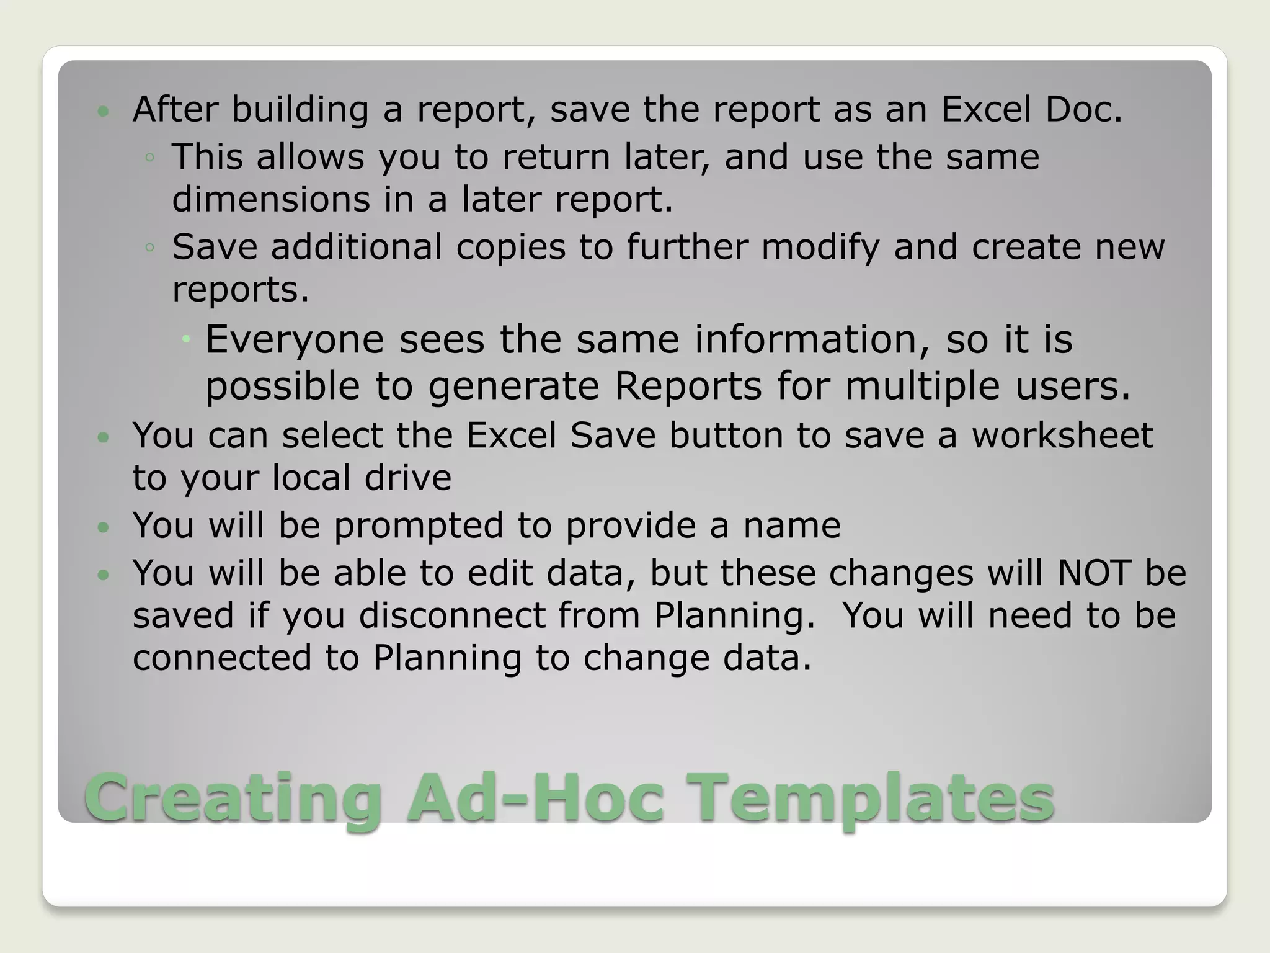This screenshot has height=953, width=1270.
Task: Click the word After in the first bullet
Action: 175,109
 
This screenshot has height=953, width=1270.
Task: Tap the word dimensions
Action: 270,199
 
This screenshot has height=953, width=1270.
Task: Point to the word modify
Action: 820,247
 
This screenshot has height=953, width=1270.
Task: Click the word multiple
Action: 922,386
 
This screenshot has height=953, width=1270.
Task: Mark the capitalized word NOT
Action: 1094,573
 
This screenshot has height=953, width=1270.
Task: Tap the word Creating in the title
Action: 233,799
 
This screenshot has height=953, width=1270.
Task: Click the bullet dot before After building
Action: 103,112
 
